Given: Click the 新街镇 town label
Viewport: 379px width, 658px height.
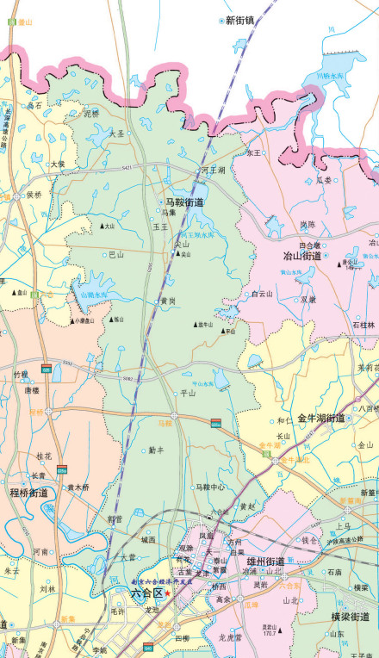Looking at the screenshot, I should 240,20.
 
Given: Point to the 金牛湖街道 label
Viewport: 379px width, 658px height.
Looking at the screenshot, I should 321,419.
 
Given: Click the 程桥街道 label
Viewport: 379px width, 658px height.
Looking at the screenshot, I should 28,493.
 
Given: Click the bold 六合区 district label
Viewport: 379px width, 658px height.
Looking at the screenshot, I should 146,592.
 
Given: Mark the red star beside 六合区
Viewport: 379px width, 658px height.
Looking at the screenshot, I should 168,593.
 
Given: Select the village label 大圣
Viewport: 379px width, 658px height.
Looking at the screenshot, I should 116,133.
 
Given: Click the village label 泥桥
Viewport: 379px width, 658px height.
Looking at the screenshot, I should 91,113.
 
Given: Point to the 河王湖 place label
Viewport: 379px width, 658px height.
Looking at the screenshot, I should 212,171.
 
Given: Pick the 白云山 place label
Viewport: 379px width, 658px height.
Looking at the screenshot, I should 262,294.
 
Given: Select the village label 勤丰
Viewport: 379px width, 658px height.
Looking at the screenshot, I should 156,450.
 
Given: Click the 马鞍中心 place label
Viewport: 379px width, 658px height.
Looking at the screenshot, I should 209,487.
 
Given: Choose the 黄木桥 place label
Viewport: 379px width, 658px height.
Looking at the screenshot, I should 78,487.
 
